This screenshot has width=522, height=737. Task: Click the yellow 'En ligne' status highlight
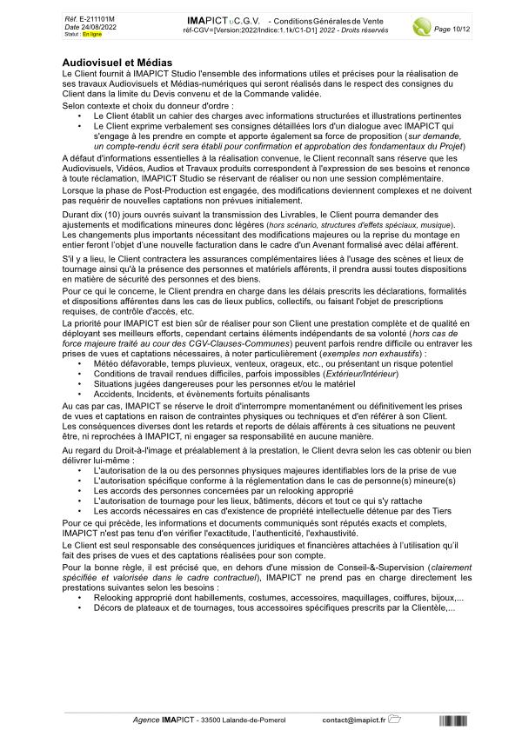coord(91,34)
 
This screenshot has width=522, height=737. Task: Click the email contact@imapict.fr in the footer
coord(353,720)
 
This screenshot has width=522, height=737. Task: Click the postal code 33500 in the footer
coord(211,720)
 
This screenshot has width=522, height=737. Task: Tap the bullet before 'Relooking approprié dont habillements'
coord(82,599)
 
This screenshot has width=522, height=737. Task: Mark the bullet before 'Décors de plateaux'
coord(82,608)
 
